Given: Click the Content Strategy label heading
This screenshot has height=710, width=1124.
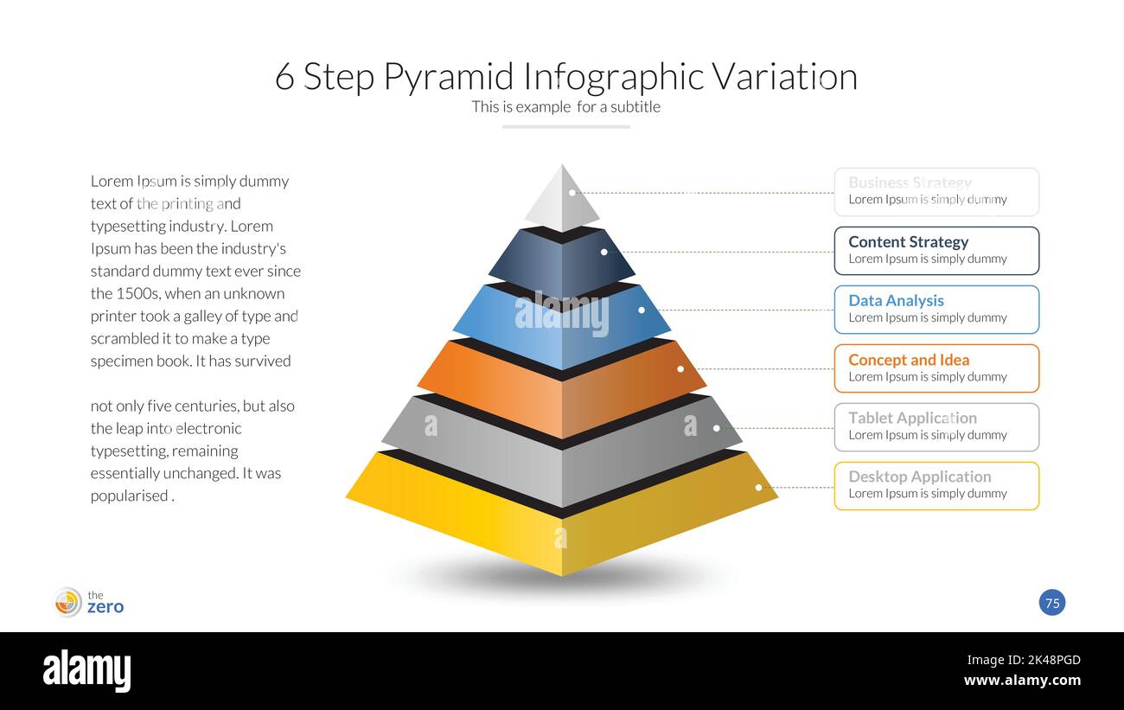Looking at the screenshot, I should click(908, 242).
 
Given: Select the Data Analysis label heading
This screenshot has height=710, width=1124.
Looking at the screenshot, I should click(896, 301).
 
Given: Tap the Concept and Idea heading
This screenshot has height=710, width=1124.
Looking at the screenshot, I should click(909, 360).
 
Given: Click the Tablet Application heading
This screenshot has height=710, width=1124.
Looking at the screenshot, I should click(912, 418).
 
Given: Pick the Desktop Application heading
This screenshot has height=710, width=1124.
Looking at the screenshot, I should click(919, 477).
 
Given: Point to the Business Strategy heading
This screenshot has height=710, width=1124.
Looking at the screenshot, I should click(910, 182).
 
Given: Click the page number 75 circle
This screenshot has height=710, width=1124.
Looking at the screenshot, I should click(1052, 603).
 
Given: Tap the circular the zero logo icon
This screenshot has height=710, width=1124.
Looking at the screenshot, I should click(68, 602).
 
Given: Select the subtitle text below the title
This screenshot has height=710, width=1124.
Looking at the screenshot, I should click(565, 107).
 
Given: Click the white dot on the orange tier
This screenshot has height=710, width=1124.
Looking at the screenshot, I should click(680, 369).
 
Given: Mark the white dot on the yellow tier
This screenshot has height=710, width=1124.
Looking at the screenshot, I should click(758, 488).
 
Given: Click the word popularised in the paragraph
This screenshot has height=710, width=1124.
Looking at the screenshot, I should click(130, 496).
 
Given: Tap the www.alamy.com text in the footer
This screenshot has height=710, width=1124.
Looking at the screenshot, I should click(1022, 681).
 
